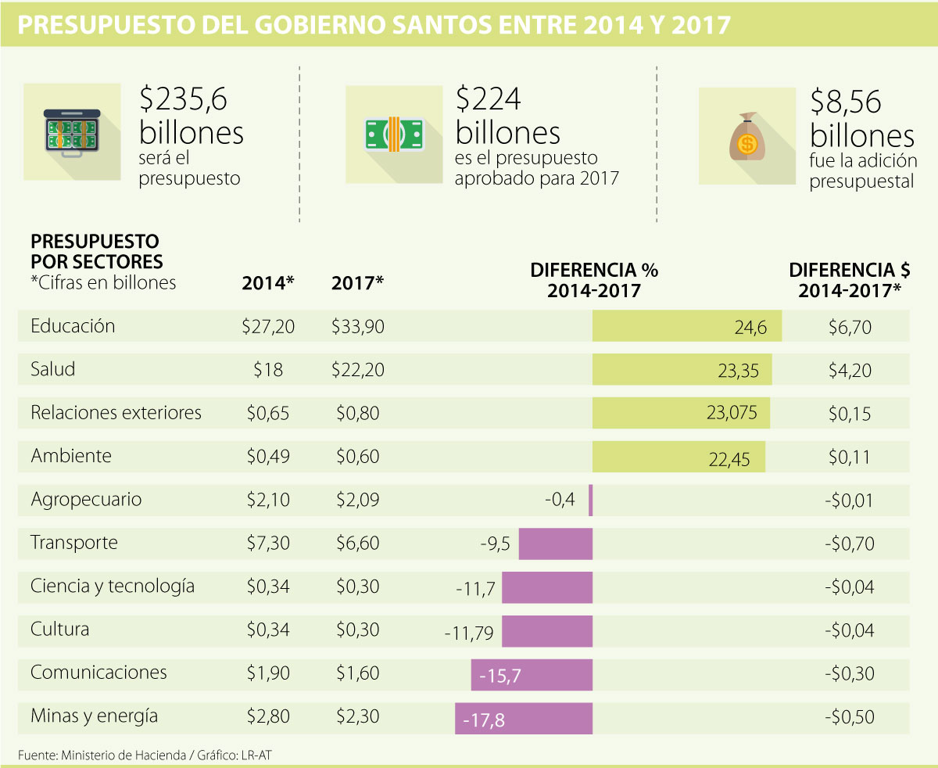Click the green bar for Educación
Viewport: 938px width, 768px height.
[687, 326]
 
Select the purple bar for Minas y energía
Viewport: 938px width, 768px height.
[524, 718]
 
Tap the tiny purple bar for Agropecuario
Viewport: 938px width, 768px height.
[591, 500]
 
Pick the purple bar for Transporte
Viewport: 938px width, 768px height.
[556, 544]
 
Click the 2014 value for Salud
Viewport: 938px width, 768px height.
[268, 369]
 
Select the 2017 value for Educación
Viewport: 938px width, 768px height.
[357, 326]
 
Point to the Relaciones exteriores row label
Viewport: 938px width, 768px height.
[116, 412]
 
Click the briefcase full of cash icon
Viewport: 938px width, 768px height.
[72, 131]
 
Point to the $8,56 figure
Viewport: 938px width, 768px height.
[846, 102]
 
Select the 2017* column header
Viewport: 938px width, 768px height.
[357, 282]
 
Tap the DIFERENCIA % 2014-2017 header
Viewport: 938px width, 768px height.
[594, 280]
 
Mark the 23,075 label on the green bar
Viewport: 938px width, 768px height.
[732, 413]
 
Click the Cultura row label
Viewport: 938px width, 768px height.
[60, 629]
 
